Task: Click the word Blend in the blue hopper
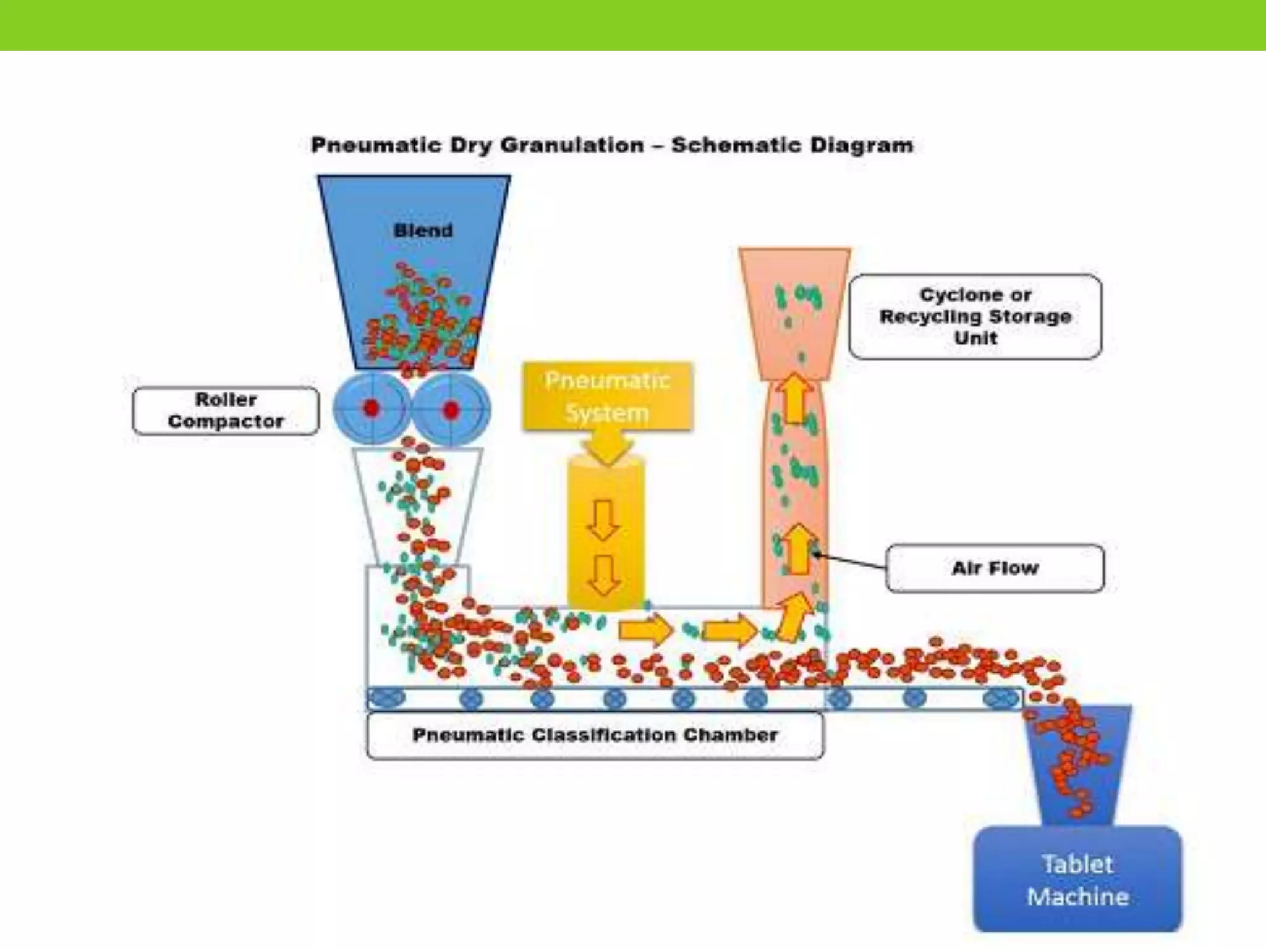[423, 230]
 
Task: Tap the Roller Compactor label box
[226, 410]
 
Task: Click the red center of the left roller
[372, 408]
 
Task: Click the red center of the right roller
[451, 410]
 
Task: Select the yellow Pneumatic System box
[607, 396]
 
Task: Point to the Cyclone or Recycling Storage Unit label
[975, 316]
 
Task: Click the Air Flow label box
[995, 568]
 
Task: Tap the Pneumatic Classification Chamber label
[595, 735]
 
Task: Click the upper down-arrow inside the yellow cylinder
[603, 520]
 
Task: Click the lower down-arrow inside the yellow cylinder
[603, 575]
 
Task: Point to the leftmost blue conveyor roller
[386, 699]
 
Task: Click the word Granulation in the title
[572, 145]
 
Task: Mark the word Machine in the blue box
[1077, 896]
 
